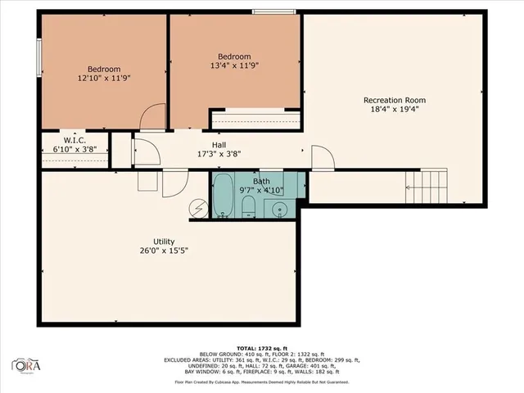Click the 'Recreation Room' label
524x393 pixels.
[395, 101]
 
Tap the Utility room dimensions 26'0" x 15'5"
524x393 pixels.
[164, 252]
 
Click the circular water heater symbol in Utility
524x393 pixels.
[200, 209]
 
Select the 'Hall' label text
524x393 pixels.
[219, 144]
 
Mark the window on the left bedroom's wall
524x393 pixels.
[38, 57]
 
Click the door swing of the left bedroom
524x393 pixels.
[152, 120]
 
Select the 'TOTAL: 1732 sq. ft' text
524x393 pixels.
[261, 347]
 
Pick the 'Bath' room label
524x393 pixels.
[260, 181]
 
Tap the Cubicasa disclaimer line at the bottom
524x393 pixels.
[261, 382]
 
